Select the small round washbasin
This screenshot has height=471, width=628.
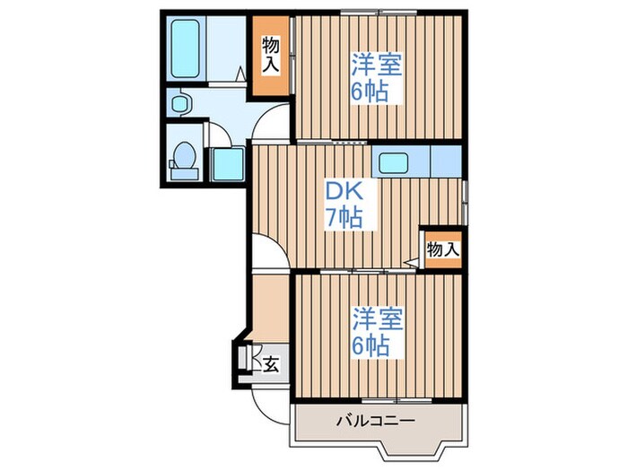[179, 103]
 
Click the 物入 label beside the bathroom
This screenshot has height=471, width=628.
[271, 55]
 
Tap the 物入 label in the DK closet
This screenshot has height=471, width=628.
[442, 249]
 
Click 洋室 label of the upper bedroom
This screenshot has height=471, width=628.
[375, 65]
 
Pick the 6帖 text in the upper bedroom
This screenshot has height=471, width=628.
[375, 92]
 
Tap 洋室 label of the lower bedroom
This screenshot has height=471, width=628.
[376, 318]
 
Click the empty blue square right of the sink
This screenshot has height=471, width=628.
[447, 162]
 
